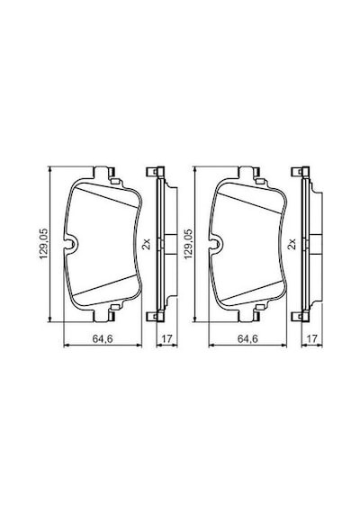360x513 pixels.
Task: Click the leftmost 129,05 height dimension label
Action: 44,244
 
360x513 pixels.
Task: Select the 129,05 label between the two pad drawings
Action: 189,244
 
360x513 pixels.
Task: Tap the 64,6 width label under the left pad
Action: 102,339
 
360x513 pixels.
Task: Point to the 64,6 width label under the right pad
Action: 247,339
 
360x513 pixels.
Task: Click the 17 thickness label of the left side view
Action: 166,339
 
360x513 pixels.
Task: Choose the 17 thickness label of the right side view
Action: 312,339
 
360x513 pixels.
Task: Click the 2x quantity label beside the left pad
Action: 147,244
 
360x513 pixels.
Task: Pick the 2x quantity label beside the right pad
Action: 292,244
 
